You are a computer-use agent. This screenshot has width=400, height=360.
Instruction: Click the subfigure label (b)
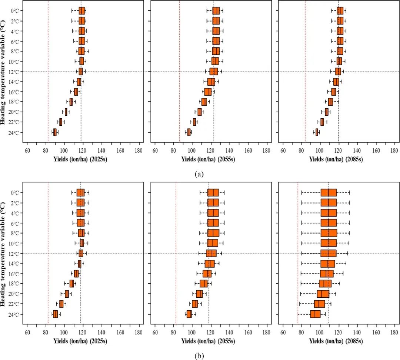coord(200,356)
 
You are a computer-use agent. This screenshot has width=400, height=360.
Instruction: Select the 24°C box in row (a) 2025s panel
coord(55,132)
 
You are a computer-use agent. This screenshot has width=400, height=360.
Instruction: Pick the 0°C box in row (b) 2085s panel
coord(329,192)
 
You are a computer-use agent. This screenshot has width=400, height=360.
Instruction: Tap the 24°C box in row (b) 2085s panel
coord(315,314)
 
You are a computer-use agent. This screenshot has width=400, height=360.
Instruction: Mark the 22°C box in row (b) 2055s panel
coord(195,304)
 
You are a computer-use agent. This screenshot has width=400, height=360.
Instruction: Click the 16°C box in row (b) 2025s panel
coord(76,274)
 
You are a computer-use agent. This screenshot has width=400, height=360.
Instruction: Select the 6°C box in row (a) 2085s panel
coord(340,41)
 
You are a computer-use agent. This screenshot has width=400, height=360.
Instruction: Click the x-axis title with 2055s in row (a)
coord(208,159)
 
